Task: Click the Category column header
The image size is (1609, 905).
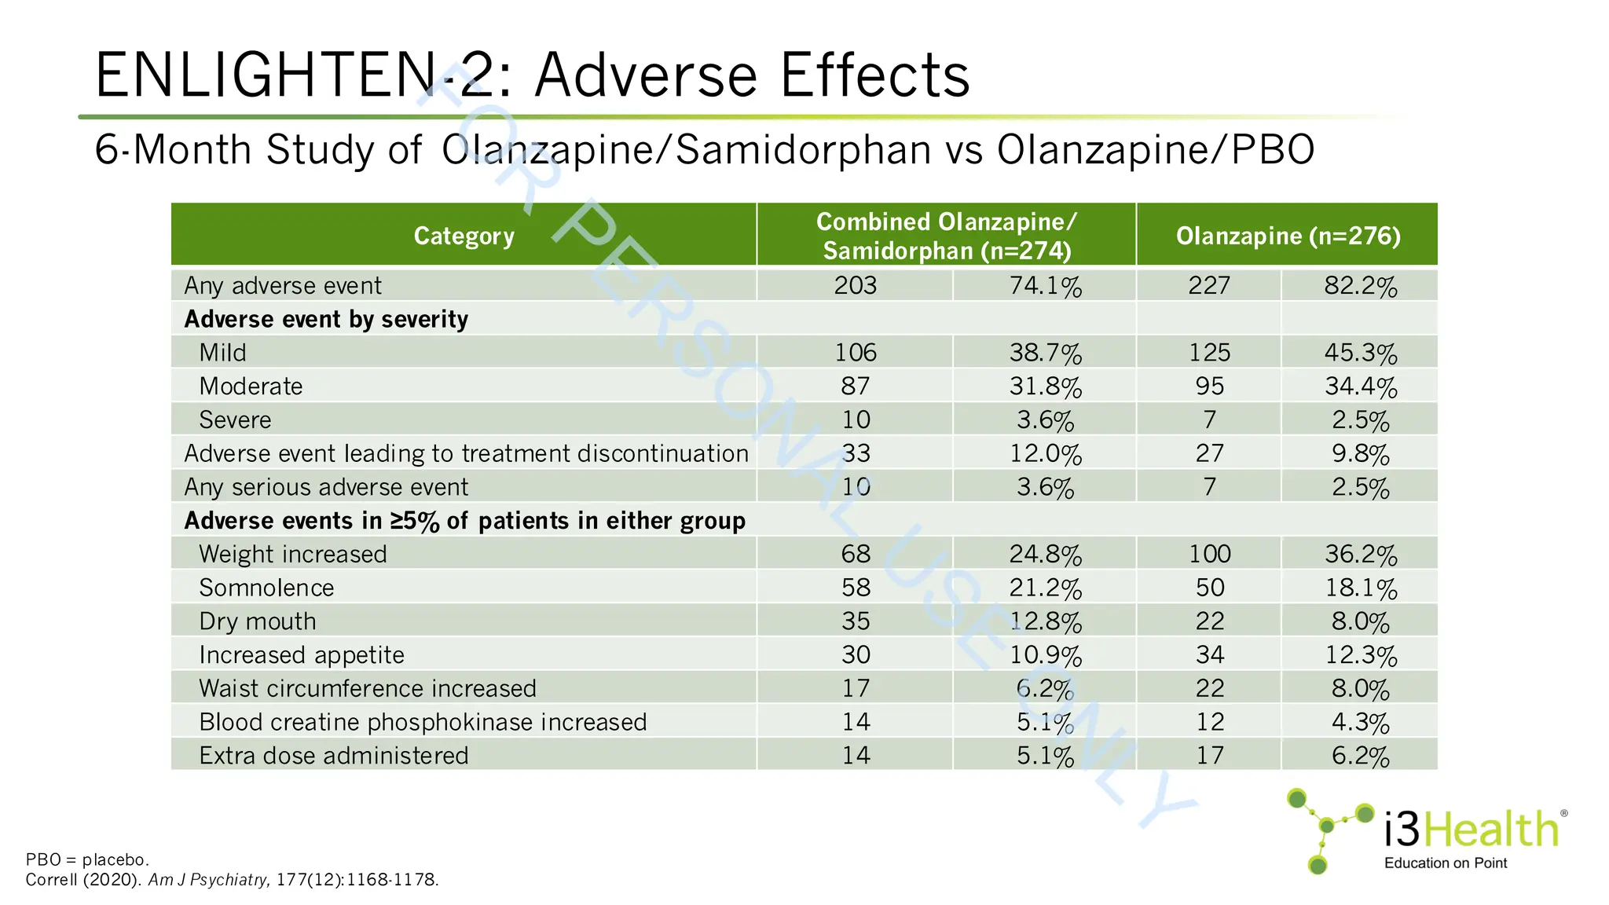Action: [464, 236]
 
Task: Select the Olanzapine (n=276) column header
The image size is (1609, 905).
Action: [1288, 236]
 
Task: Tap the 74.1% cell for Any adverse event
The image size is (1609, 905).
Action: [1045, 285]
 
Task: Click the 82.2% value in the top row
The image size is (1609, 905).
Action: [1360, 285]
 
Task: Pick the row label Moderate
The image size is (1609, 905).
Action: [251, 387]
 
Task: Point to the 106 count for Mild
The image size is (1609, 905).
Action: [856, 353]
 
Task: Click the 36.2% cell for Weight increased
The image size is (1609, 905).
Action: [1360, 555]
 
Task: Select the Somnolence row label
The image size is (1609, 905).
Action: [266, 588]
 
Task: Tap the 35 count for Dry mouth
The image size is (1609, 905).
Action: [856, 621]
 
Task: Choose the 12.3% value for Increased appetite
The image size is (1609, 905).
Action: [1360, 655]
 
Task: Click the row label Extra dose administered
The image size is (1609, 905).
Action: [333, 756]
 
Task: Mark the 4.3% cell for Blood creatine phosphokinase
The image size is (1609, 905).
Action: [1360, 722]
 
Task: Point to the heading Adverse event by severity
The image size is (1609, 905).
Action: [326, 319]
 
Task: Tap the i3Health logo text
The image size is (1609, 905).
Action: [1470, 830]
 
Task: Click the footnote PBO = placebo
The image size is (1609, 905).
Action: [87, 859]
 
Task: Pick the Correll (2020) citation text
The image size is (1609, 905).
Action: [83, 880]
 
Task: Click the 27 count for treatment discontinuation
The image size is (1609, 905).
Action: [1209, 453]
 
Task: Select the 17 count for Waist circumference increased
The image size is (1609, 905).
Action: [856, 689]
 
